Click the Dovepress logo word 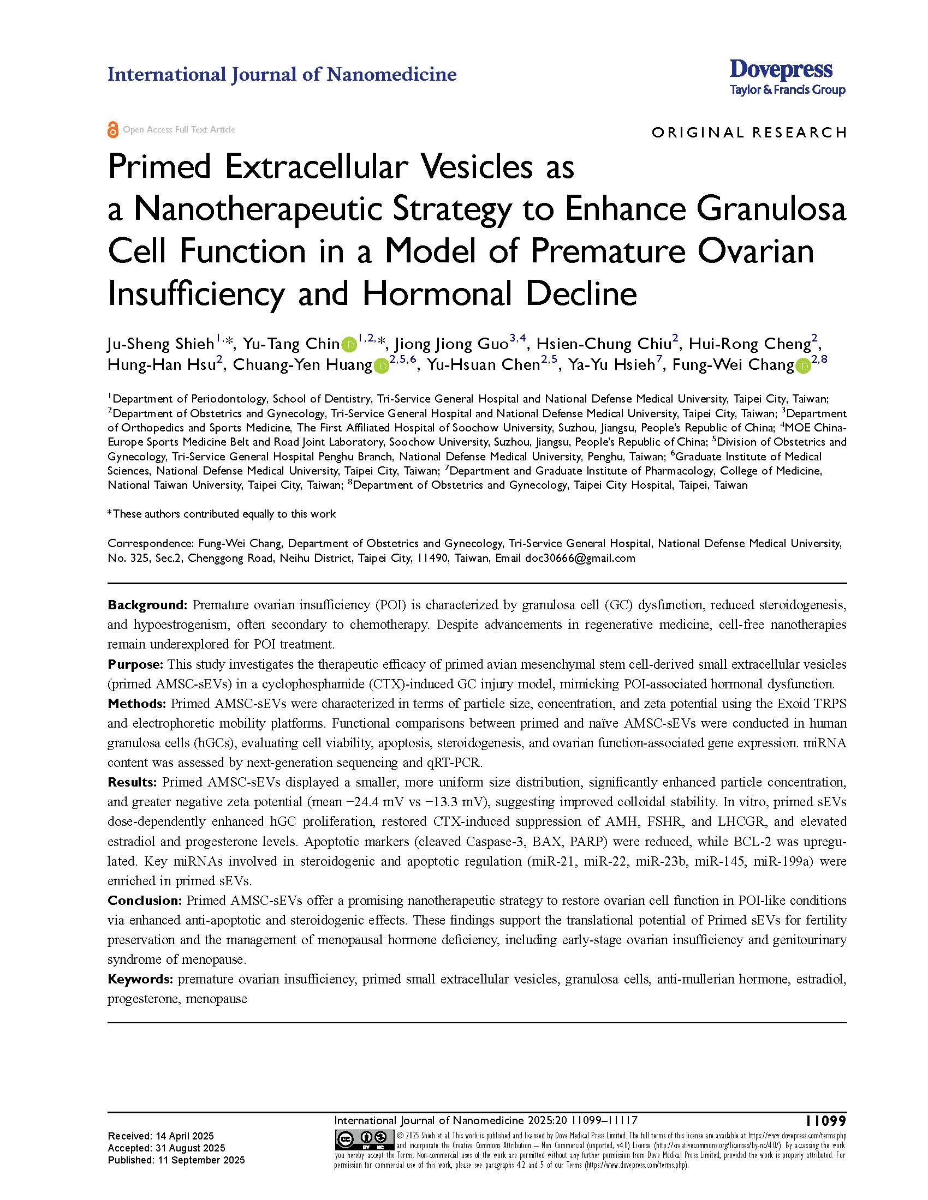tap(781, 70)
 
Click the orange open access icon tap(113, 130)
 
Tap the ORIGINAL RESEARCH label tap(749, 133)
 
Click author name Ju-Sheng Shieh tap(160, 345)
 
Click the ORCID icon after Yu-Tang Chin tap(349, 345)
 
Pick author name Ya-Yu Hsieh tap(611, 365)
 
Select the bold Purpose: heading tap(135, 664)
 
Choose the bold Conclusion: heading tap(145, 901)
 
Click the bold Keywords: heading tap(141, 979)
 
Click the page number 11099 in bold tap(826, 1121)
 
